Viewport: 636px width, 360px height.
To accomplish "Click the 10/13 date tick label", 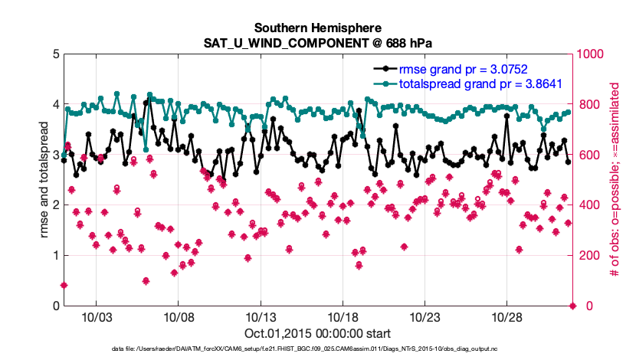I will [261, 317].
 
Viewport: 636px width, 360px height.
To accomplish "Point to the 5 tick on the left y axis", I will [55, 54].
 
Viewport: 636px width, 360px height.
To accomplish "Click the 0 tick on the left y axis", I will [55, 306].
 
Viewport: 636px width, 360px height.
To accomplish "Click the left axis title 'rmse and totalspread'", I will [44, 180].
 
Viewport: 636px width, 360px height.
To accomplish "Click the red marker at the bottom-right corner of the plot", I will [572, 306].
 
